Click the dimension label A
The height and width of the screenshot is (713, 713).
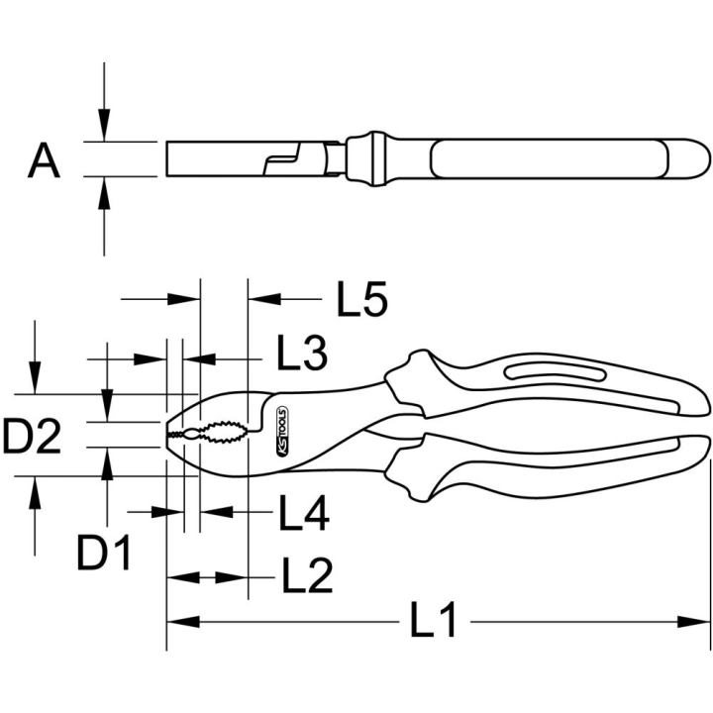[44, 160]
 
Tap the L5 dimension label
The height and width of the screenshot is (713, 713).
[362, 299]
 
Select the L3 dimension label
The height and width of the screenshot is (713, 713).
[302, 353]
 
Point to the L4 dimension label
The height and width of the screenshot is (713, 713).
[304, 513]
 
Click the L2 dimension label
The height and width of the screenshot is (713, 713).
[307, 575]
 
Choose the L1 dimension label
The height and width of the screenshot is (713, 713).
[433, 619]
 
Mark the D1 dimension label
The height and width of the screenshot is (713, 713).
[104, 553]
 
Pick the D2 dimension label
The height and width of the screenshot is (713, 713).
[32, 437]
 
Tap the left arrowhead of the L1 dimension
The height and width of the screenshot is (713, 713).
[183, 622]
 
